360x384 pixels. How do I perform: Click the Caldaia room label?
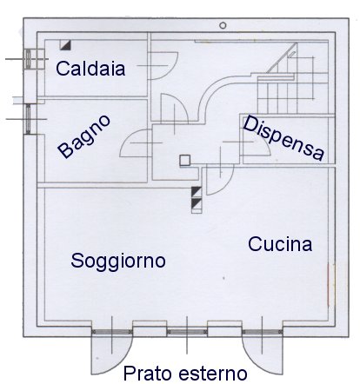coord(90,69)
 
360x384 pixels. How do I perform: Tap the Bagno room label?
coord(83,136)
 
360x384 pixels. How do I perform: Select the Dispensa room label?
coord(283,138)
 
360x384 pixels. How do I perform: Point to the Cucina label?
coord(280,244)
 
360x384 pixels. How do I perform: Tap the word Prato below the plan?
coord(148,374)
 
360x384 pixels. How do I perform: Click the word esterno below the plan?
coord(213,374)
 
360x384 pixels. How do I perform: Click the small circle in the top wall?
coord(223,25)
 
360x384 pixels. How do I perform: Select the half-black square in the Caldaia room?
coord(65,45)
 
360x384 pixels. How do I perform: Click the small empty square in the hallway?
coord(185,160)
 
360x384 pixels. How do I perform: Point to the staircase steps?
coord(292,84)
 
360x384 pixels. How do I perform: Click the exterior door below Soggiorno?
coord(112,352)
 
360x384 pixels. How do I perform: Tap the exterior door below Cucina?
coord(263,352)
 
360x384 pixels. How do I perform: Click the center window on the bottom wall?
coord(187,332)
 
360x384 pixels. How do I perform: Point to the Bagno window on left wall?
coord(28,119)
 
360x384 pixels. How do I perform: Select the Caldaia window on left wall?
coord(28,59)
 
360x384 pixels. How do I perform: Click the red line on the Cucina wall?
coord(328,284)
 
